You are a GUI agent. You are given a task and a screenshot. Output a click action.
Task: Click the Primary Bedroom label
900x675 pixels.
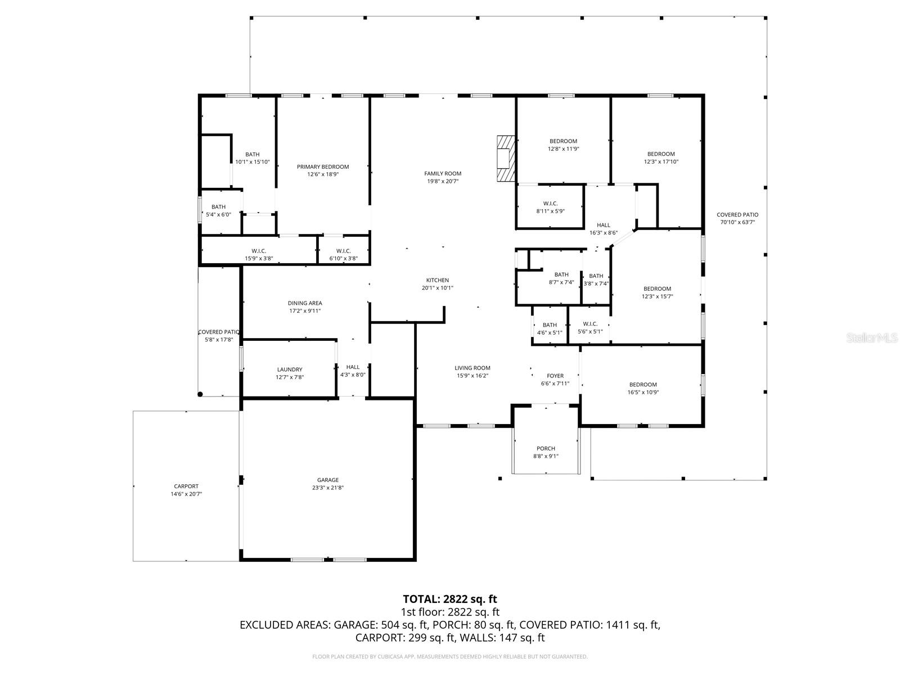coord(323,166)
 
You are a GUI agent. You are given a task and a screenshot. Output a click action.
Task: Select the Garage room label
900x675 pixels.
coord(328,480)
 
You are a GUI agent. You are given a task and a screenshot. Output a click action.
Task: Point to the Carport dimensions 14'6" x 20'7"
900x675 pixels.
coord(186,494)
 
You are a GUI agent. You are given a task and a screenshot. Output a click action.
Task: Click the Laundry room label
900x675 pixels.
coord(290,370)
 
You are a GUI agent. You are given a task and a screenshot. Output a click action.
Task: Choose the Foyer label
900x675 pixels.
coord(555,376)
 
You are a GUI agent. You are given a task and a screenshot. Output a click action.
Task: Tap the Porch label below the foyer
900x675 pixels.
coord(546,448)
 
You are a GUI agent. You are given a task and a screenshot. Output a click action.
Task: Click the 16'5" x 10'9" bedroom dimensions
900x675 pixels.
coord(643,393)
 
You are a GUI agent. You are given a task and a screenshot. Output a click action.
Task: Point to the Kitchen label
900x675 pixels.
coord(437,280)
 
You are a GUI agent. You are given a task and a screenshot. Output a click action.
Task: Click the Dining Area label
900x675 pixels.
coord(305,303)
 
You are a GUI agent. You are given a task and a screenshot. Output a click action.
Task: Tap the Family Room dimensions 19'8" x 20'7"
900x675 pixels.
coord(443,181)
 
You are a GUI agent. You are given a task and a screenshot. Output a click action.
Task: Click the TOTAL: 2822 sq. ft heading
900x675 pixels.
coord(450,599)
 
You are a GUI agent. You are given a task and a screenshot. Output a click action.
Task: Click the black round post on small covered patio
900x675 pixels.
coord(200,394)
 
